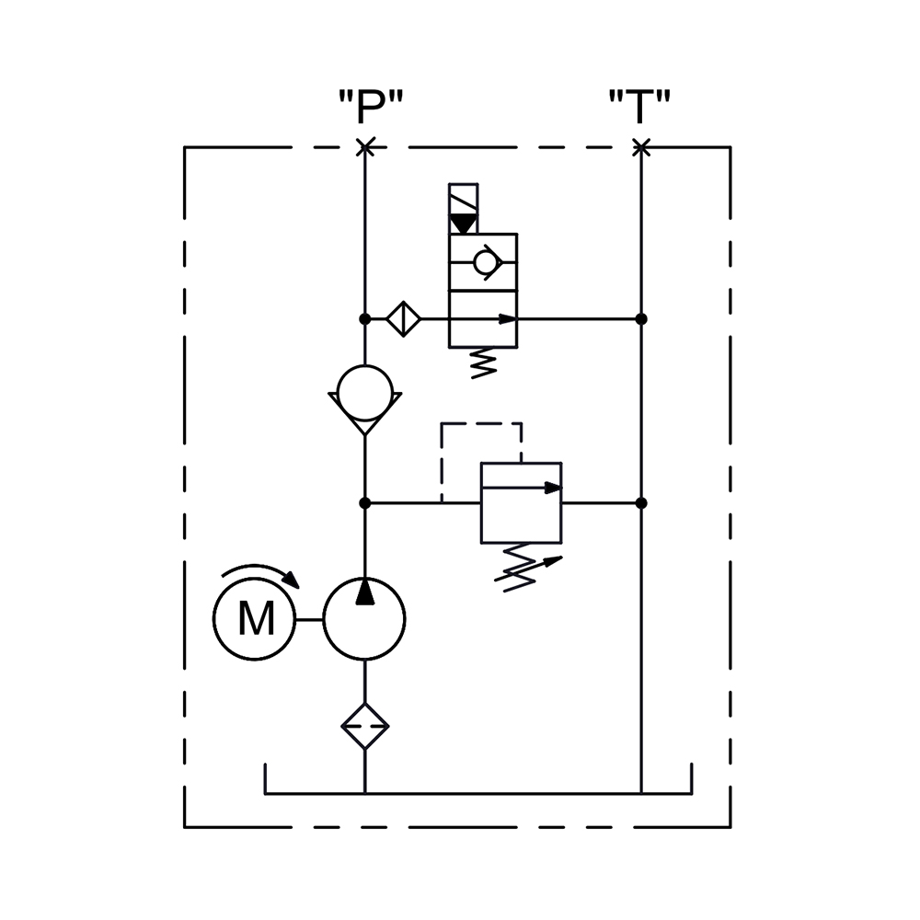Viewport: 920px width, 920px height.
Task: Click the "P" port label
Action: [x=371, y=106]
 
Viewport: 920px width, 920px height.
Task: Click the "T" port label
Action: [x=639, y=106]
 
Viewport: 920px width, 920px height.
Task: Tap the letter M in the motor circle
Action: [x=257, y=619]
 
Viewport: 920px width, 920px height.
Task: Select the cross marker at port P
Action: [x=365, y=147]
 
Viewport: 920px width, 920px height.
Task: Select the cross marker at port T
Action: [x=641, y=147]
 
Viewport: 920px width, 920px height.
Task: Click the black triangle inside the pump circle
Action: [x=365, y=592]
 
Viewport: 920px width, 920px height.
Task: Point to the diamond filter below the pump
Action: [x=365, y=727]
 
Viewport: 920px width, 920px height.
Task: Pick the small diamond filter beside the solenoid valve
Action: [x=404, y=319]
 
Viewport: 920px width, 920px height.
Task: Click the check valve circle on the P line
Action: [x=365, y=393]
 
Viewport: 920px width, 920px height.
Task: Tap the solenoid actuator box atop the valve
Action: [x=464, y=209]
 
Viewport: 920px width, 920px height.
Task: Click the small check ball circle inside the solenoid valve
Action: [x=485, y=262]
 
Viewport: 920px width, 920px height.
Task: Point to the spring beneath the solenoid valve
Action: [x=484, y=363]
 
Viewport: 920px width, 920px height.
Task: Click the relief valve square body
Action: [x=521, y=503]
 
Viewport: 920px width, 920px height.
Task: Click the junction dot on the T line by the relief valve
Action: [x=641, y=503]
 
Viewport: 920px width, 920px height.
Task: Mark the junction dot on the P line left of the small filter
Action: [x=365, y=319]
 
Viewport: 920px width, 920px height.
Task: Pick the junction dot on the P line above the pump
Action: [x=365, y=503]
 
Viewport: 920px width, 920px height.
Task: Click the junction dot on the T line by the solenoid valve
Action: [x=641, y=319]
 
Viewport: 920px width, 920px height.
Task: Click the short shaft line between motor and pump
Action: [x=309, y=619]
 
